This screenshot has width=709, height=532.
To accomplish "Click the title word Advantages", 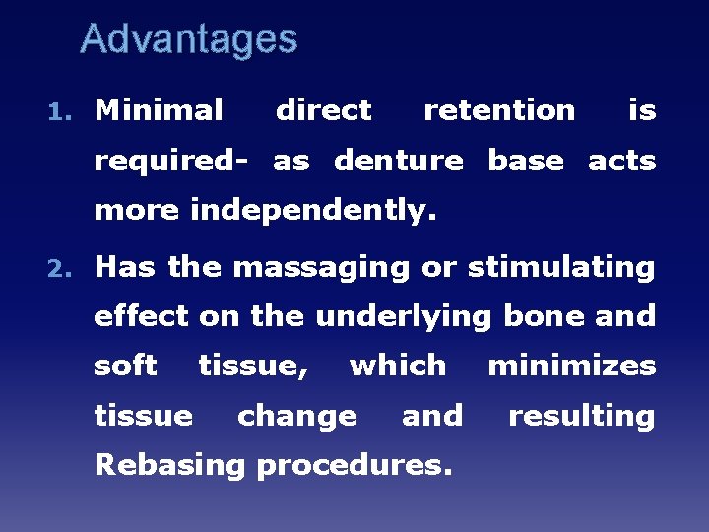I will pyautogui.click(x=188, y=39).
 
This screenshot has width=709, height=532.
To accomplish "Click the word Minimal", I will pyautogui.click(x=159, y=110).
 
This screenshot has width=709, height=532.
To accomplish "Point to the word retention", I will pyautogui.click(x=499, y=110).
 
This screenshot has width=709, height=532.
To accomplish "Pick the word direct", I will pyautogui.click(x=323, y=110).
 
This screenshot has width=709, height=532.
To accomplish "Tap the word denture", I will pyautogui.click(x=398, y=161).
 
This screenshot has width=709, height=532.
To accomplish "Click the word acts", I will pyautogui.click(x=621, y=161).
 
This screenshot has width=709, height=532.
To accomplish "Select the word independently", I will pyautogui.click(x=312, y=211).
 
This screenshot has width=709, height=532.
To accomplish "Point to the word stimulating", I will pyautogui.click(x=561, y=267).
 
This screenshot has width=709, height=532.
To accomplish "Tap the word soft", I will pyautogui.click(x=125, y=366).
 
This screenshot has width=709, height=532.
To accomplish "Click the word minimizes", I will pyautogui.click(x=572, y=366).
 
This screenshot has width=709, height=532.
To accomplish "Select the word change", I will pyautogui.click(x=297, y=416).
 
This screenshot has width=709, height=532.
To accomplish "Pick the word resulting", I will pyautogui.click(x=581, y=416).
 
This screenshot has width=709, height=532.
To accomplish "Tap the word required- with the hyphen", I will pyautogui.click(x=169, y=161).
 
